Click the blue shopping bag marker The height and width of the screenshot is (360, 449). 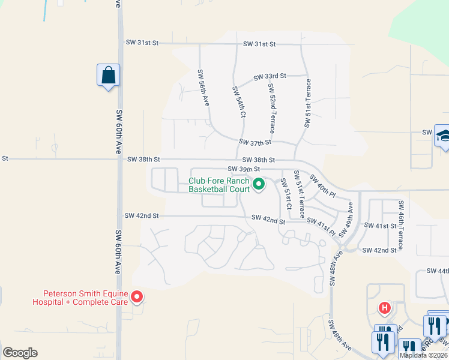(x=108, y=76)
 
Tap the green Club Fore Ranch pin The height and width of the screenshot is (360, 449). (x=259, y=184)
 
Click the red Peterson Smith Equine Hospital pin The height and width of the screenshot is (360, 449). (x=137, y=296)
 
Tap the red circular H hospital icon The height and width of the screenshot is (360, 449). (x=385, y=308)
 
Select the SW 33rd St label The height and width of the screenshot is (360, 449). (x=270, y=77)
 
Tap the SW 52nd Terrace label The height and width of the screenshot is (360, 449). (x=272, y=105)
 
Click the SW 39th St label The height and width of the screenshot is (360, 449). (x=243, y=170)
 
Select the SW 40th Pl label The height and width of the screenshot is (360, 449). (x=322, y=185)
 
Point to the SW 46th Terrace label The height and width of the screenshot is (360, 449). (x=400, y=225)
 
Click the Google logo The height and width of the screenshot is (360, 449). (x=20, y=353)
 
